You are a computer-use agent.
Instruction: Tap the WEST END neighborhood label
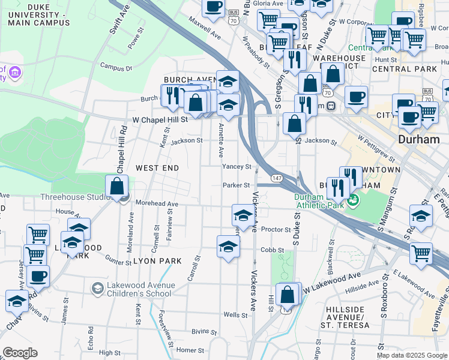point(157,168)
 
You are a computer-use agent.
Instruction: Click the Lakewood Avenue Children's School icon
point(97,289)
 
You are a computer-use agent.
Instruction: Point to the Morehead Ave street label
point(157,204)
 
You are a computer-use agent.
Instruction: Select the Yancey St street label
point(236,166)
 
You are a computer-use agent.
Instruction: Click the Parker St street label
point(236,185)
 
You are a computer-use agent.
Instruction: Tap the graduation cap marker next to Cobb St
point(228,247)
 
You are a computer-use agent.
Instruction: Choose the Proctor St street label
point(276,229)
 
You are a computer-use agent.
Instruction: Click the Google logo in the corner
point(20,353)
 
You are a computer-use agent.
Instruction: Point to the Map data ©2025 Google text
point(412,355)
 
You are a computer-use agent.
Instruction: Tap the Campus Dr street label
point(116,68)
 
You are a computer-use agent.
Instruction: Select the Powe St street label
point(137,38)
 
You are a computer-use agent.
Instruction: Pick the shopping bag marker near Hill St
point(288,295)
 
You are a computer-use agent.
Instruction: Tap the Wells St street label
point(235,314)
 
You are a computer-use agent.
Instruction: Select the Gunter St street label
point(118,262)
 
